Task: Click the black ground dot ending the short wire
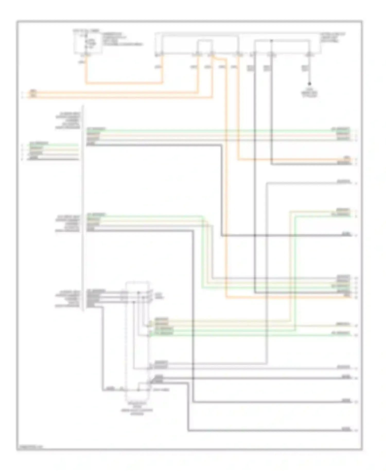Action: (x=309, y=84)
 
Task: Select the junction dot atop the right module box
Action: (x=271, y=40)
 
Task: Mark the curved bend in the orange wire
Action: (x=219, y=58)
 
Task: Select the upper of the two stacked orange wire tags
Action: (x=33, y=91)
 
